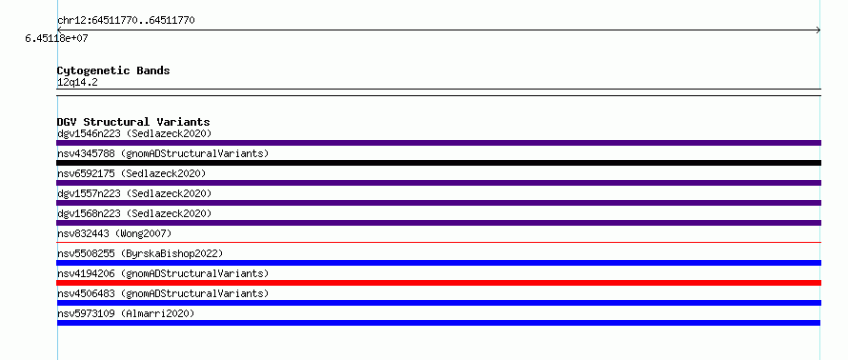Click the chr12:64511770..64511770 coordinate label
coord(126,21)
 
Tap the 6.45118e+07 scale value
coord(57,39)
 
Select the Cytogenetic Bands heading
coord(113,70)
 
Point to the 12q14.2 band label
coord(77,83)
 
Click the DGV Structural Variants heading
coord(133,122)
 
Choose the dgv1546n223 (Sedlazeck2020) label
coord(134,133)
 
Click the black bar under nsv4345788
coord(438,163)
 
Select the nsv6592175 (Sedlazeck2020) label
coord(131,173)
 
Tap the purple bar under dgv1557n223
coord(438,203)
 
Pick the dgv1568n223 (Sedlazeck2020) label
coord(134,213)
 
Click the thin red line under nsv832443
coord(438,243)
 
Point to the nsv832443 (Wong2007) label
coord(114,233)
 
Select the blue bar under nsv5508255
coord(438,263)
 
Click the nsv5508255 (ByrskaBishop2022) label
coord(140,253)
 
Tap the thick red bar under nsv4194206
coord(438,283)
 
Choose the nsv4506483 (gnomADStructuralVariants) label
coord(163,293)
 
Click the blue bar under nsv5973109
coord(438,323)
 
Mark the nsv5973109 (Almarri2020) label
coord(126,313)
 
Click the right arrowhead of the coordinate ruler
coord(819,30)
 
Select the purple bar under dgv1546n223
coord(438,143)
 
